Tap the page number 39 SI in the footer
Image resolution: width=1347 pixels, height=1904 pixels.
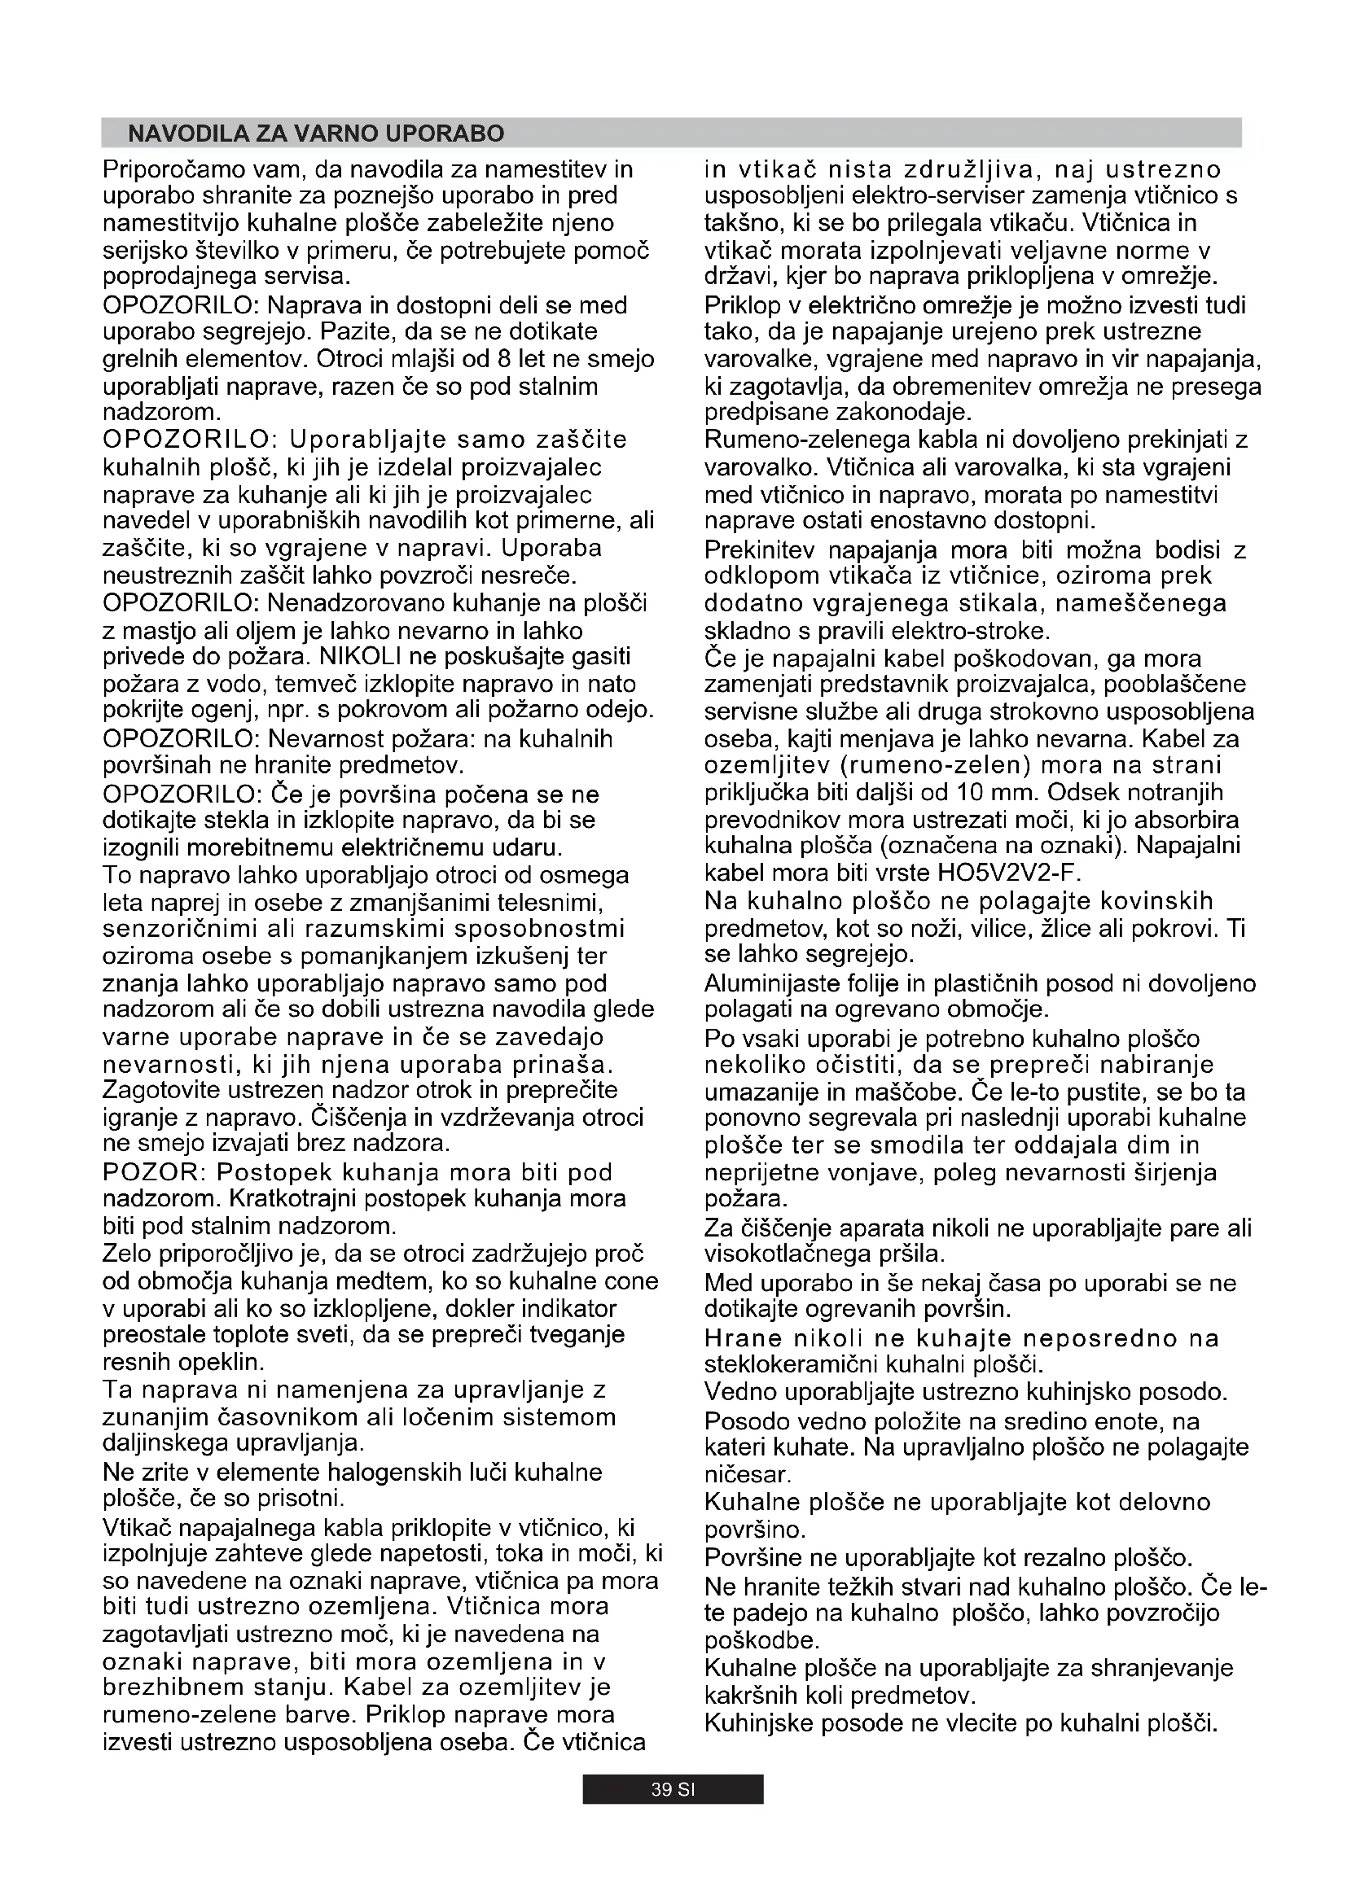(672, 1789)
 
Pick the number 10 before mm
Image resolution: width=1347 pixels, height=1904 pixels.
(970, 792)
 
